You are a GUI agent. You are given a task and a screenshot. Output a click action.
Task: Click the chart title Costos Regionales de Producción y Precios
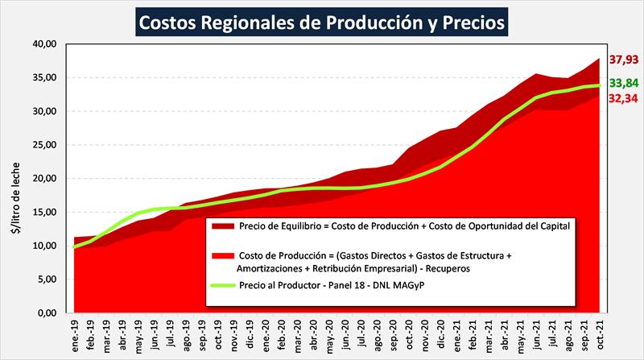point(322,22)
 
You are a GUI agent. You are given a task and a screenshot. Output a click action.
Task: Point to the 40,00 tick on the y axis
point(44,43)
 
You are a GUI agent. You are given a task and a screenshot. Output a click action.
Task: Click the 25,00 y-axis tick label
point(44,145)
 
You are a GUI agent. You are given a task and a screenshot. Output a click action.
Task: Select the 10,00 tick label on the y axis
point(44,246)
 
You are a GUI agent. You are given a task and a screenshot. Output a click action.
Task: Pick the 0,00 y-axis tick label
point(47,313)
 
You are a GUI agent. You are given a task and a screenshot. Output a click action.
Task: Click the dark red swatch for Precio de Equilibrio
point(222,226)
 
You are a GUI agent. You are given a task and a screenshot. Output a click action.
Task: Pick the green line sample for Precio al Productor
point(222,286)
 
